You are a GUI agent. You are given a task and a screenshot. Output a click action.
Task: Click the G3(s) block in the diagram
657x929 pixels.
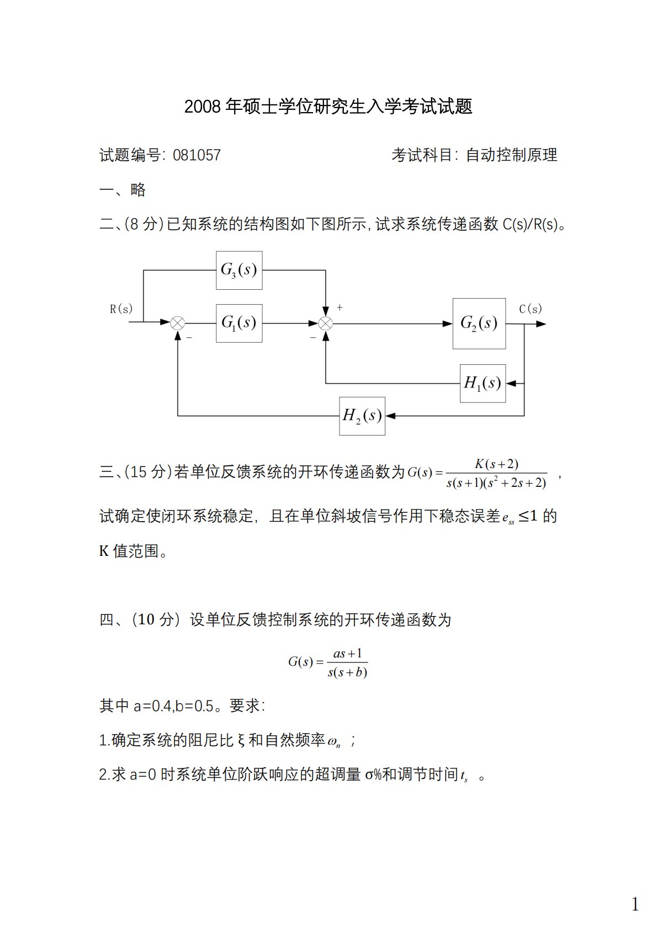coord(239,270)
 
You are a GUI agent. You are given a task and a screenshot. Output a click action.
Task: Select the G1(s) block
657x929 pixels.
coord(239,323)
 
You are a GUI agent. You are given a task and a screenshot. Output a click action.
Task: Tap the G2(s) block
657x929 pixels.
coord(479,323)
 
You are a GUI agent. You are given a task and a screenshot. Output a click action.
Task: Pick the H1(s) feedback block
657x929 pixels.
coord(483,383)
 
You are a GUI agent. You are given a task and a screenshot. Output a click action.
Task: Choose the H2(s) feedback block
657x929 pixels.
coord(362,416)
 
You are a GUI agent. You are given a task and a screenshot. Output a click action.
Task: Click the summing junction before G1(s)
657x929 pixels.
coord(178,323)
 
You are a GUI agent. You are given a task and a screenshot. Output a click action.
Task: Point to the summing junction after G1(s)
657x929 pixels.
coord(326,323)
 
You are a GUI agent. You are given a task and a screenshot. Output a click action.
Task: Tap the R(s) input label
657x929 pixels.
coord(121,309)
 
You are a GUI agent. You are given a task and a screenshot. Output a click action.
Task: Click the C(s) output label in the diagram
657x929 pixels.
coord(530,309)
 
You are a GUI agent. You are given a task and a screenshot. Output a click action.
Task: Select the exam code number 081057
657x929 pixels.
coord(197,155)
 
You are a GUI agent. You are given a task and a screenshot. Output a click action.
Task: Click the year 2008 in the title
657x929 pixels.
coord(202,107)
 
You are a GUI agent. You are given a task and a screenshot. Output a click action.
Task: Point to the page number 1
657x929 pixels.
coord(635,889)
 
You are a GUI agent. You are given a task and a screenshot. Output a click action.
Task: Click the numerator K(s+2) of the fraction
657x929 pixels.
coord(496,464)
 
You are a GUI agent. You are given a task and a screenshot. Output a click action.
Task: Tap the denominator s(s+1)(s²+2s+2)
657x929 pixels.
coord(496,483)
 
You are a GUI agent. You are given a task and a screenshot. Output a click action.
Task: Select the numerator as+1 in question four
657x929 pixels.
coord(347,654)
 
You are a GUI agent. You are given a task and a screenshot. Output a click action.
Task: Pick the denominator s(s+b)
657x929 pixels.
coord(347,672)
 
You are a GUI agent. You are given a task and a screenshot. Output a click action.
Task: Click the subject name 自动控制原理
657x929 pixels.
coord(512,155)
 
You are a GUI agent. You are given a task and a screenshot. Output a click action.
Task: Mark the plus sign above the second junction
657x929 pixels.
coord(340,307)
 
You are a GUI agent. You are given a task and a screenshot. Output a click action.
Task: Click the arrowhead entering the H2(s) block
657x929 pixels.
coord(390,416)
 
